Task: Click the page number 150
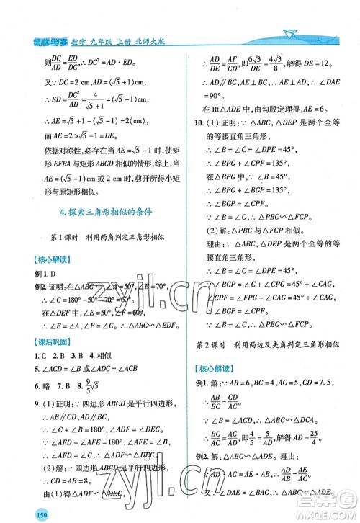[x=17, y=513]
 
